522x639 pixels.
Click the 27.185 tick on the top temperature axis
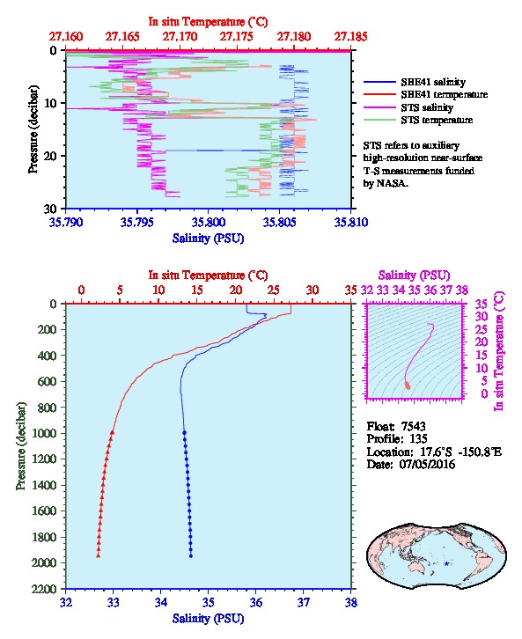pyautogui.click(x=350, y=37)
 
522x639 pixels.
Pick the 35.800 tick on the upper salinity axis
pyautogui.click(x=208, y=222)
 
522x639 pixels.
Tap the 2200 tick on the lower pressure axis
pyautogui.click(x=43, y=589)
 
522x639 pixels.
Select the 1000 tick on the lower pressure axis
pyautogui.click(x=43, y=433)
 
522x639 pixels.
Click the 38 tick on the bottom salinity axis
pyautogui.click(x=350, y=602)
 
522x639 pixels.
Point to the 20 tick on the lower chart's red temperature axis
pyautogui.click(x=236, y=290)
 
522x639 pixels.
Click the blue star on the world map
pyautogui.click(x=446, y=563)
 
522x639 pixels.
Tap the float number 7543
pyautogui.click(x=413, y=427)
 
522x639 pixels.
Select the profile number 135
pyautogui.click(x=417, y=439)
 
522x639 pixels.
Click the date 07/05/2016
pyautogui.click(x=427, y=464)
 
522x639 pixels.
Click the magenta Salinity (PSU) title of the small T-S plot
pyautogui.click(x=414, y=275)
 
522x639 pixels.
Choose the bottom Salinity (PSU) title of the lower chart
pyautogui.click(x=208, y=619)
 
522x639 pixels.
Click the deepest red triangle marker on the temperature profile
pyautogui.click(x=99, y=555)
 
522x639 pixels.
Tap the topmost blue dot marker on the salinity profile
pyautogui.click(x=184, y=433)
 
